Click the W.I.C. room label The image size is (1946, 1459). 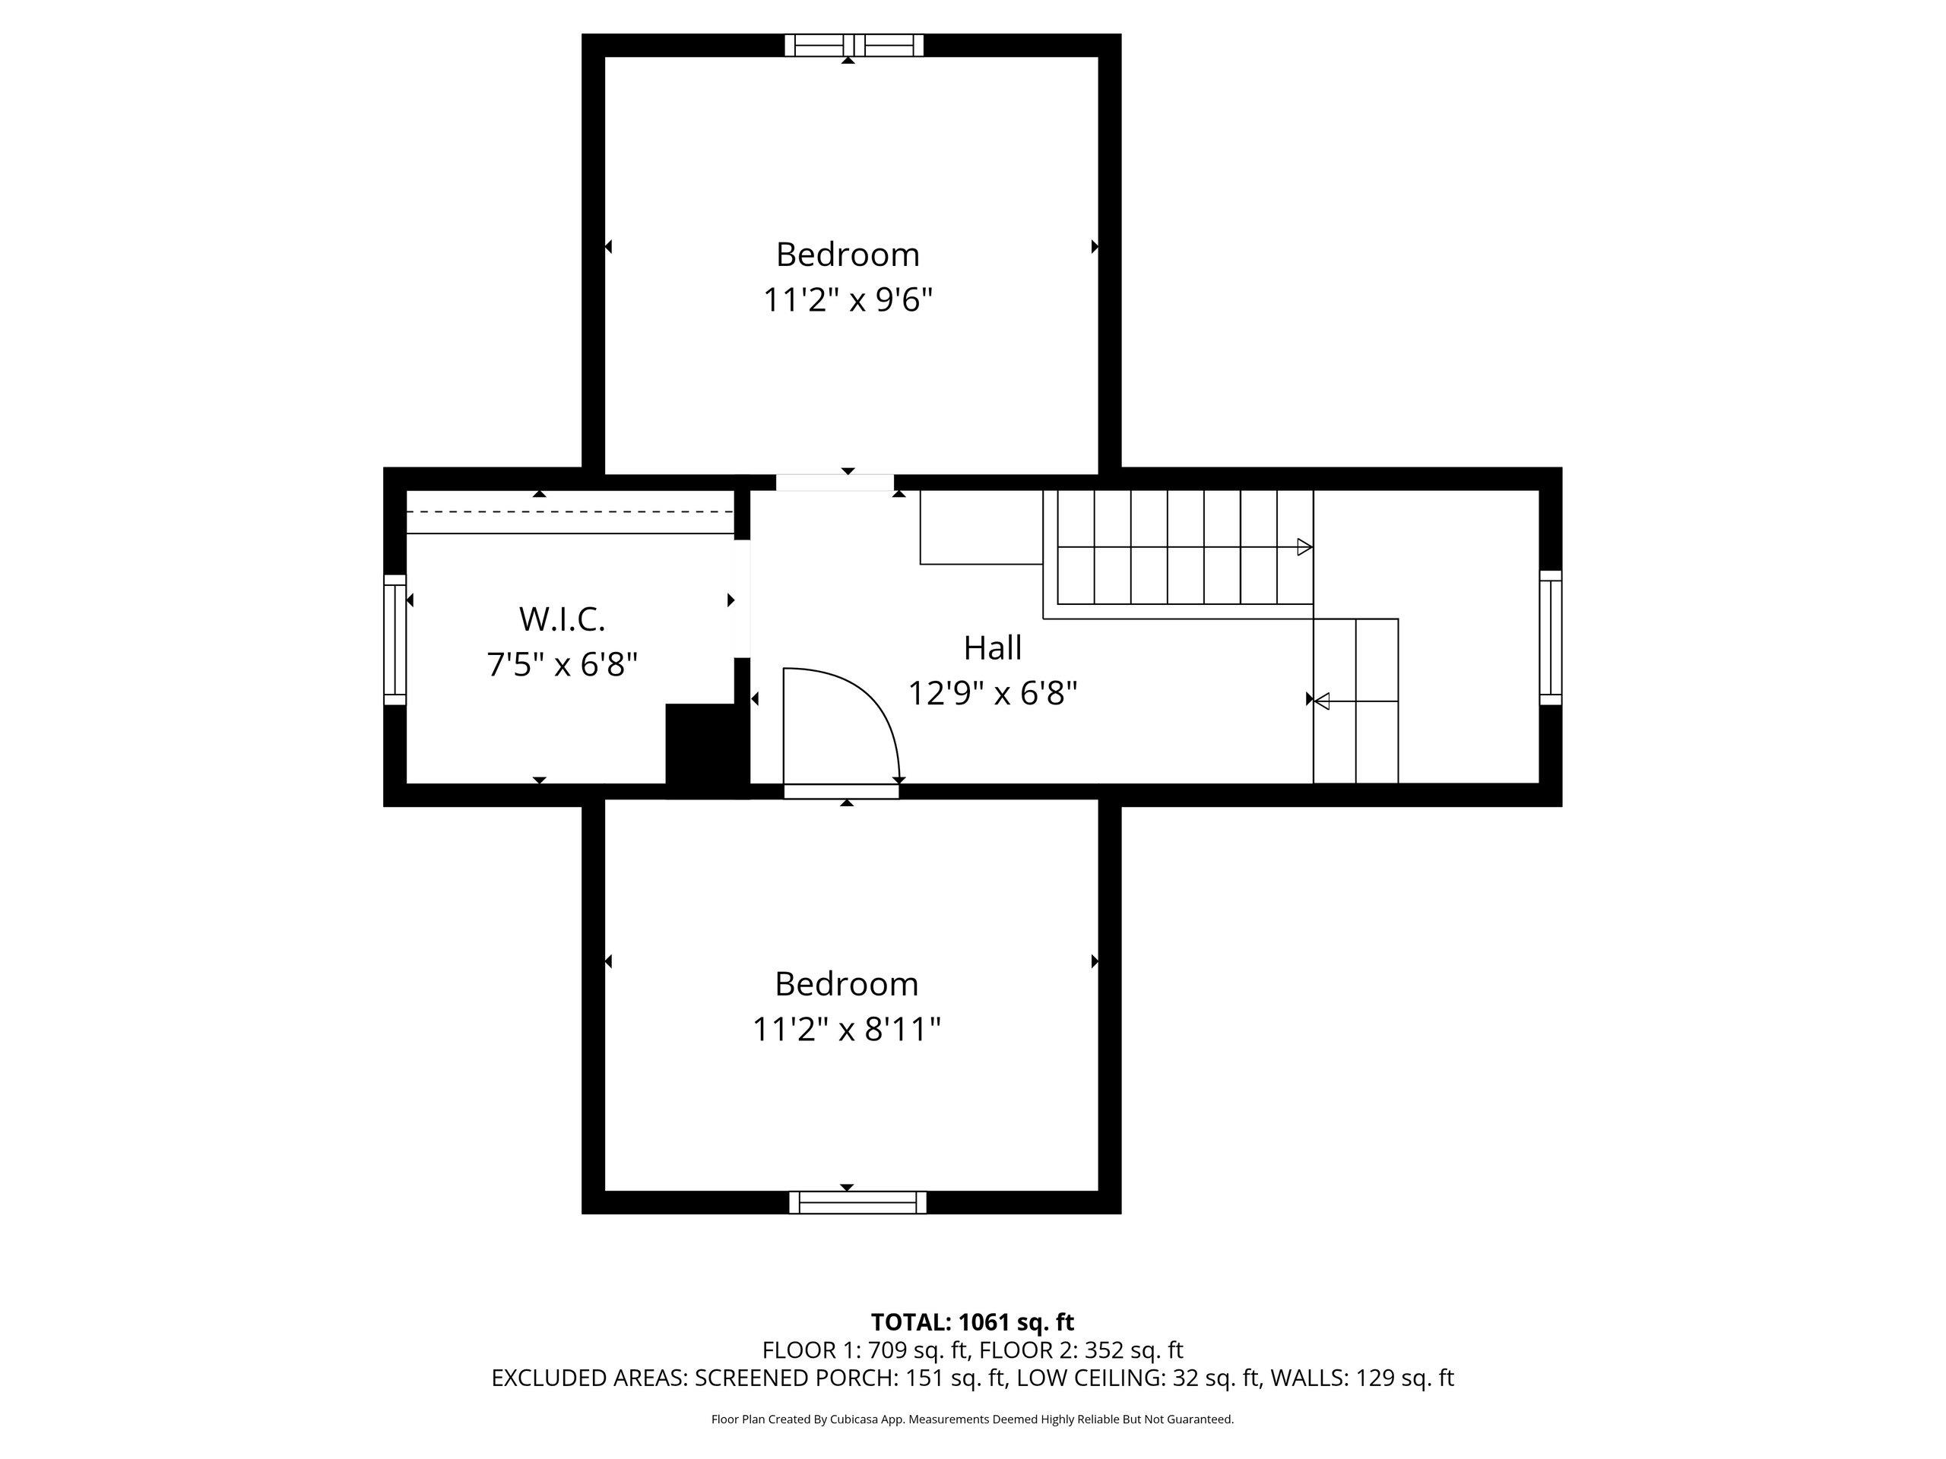[563, 619]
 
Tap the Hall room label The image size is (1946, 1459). [992, 648]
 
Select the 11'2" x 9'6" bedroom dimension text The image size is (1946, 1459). [848, 301]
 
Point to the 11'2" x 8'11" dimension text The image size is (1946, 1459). [846, 1029]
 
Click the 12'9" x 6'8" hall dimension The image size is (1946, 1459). [992, 694]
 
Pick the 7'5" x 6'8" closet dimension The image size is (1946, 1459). [563, 664]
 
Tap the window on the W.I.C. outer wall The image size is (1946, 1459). [395, 639]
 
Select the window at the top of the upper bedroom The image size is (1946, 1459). [854, 45]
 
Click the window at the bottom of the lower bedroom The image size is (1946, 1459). [857, 1202]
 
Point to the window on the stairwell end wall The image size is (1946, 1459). [1550, 638]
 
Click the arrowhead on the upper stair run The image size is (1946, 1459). [1304, 547]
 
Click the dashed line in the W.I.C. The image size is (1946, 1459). [570, 511]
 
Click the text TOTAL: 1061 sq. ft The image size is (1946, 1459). [972, 1321]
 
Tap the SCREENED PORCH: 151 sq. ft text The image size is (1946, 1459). [850, 1378]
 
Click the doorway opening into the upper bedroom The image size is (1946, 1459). [835, 482]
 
